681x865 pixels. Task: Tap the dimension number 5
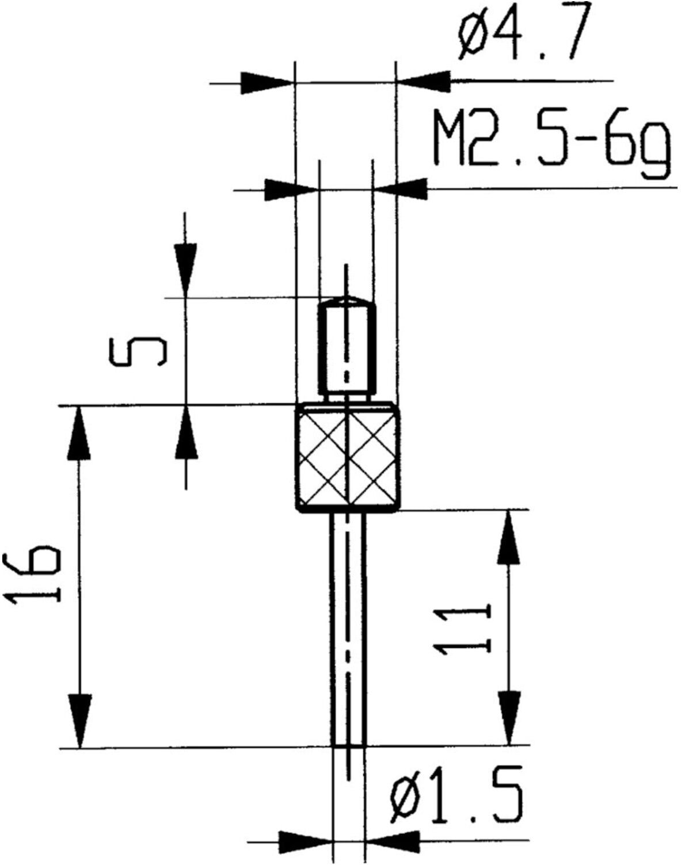pyautogui.click(x=137, y=351)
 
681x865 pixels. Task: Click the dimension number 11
pyautogui.click(x=463, y=628)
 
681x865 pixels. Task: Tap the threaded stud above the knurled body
pyautogui.click(x=347, y=349)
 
